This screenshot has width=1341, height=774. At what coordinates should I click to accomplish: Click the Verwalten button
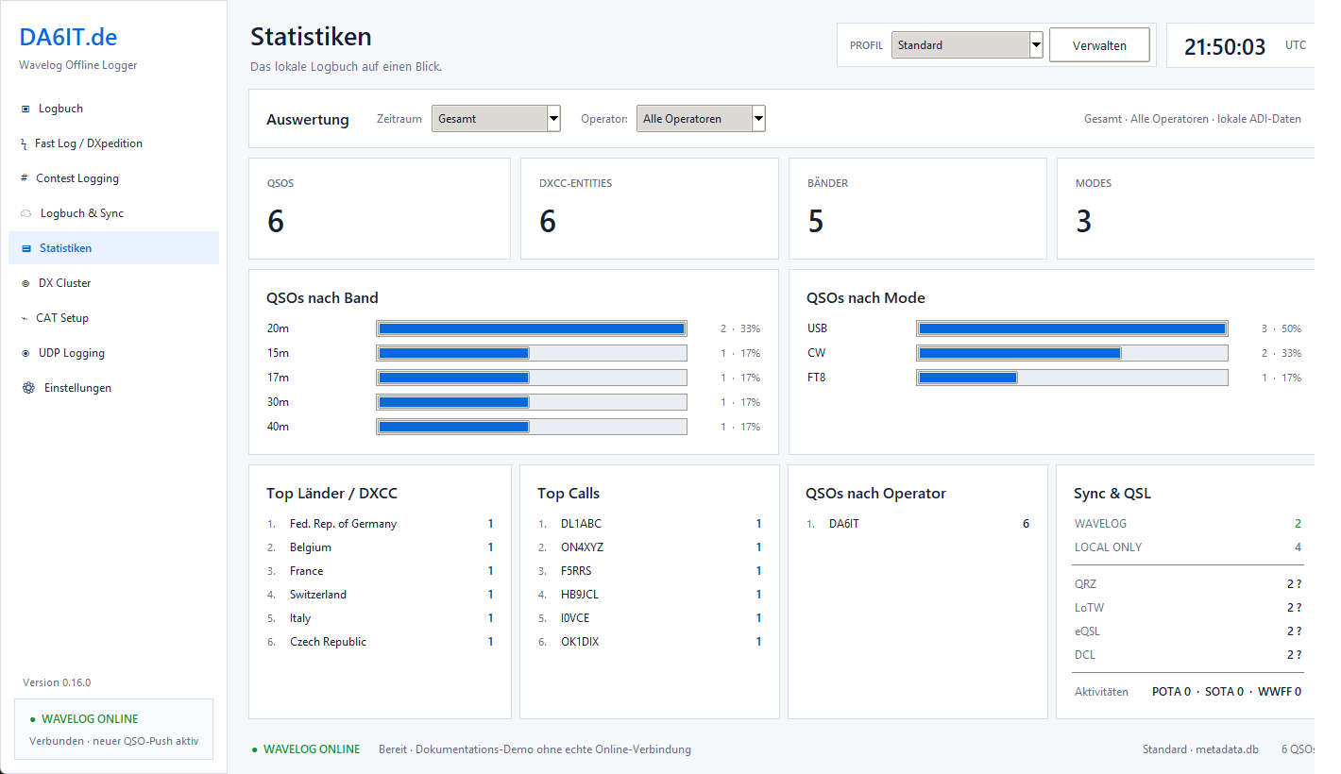(1099, 45)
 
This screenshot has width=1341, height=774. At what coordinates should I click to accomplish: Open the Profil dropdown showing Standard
(967, 45)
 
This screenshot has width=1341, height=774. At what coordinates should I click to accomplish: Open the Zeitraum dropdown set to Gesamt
(496, 118)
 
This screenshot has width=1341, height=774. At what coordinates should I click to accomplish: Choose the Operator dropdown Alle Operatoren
(701, 118)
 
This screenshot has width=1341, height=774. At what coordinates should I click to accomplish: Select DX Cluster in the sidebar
(64, 283)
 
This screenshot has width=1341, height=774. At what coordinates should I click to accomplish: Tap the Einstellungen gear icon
(28, 388)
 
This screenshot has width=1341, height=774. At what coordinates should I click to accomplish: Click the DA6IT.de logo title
(68, 37)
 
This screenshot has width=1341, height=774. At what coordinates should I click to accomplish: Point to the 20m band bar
(532, 328)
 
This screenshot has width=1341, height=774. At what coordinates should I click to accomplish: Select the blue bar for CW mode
(1020, 353)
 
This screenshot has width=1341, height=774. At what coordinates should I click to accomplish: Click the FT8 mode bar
(967, 378)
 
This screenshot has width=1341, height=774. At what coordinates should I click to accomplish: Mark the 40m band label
(278, 427)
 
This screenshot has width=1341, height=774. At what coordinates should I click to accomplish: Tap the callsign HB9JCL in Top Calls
(580, 595)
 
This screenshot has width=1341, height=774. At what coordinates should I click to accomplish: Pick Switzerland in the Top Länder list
(318, 595)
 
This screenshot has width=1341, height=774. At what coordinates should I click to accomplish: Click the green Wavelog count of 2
(1298, 523)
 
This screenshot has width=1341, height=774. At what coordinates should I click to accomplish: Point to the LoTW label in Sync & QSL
(1089, 608)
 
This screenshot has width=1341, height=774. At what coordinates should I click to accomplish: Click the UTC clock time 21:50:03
(1225, 46)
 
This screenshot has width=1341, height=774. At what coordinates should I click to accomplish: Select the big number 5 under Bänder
(815, 221)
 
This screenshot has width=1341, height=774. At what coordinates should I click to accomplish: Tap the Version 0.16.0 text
(57, 682)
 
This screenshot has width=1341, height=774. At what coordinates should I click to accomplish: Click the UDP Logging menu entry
(72, 353)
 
